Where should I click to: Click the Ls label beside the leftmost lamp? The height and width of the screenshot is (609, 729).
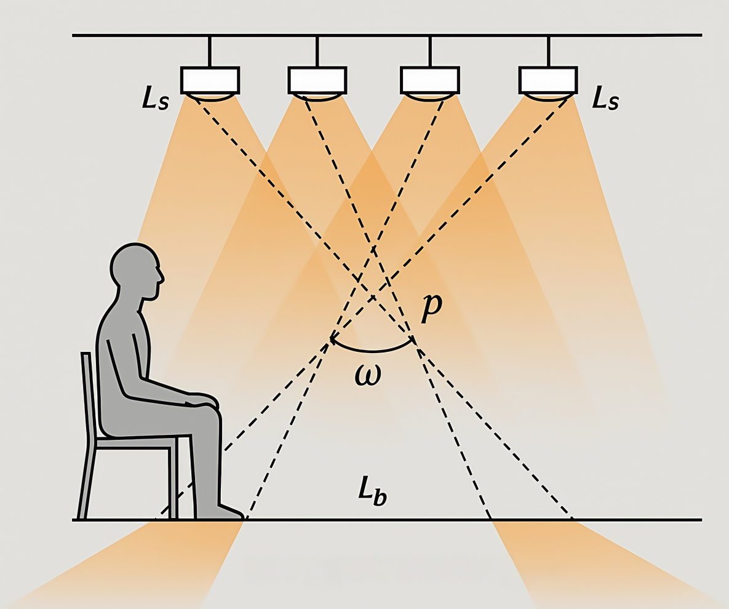tap(155, 99)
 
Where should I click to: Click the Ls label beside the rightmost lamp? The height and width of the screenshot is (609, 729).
tap(605, 98)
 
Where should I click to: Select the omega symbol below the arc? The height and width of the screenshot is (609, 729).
tap(368, 373)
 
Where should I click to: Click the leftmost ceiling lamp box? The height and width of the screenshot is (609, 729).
tap(210, 80)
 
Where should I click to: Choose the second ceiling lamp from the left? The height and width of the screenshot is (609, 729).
tap(317, 80)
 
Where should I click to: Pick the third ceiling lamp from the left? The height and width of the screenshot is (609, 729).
tap(430, 80)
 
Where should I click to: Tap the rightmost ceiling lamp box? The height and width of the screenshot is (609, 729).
tap(548, 80)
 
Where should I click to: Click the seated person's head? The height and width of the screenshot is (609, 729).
tap(134, 268)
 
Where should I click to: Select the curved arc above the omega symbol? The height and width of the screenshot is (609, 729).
tap(372, 349)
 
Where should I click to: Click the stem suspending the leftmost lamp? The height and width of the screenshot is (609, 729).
tap(210, 52)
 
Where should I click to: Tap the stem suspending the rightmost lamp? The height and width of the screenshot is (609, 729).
tap(548, 52)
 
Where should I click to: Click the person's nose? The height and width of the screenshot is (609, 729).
tap(162, 271)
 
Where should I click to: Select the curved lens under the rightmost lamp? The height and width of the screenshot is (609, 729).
tap(548, 97)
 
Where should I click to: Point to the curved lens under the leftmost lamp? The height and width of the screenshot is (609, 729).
tap(210, 97)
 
